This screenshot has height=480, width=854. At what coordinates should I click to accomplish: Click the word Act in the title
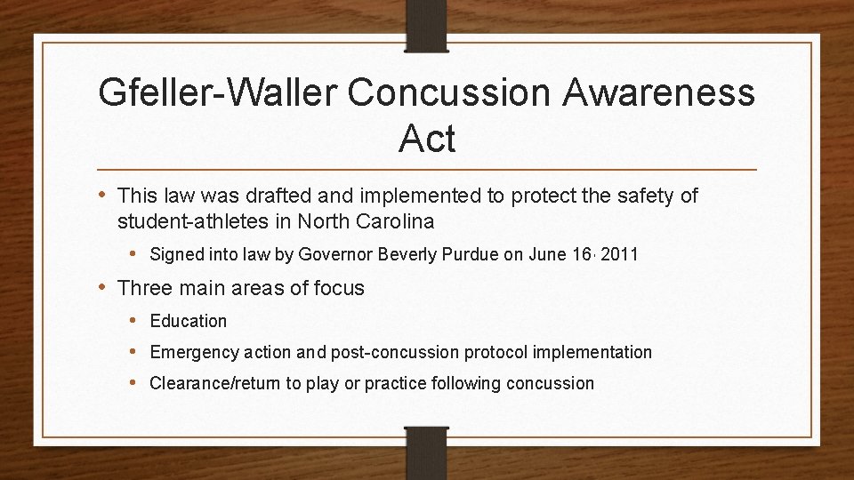(x=427, y=140)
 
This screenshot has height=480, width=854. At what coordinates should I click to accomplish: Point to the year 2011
(x=620, y=254)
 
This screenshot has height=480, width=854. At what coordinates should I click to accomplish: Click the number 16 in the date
(x=584, y=254)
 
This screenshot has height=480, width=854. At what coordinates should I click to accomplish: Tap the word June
(x=546, y=254)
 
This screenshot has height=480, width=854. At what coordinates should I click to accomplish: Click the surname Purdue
(x=471, y=254)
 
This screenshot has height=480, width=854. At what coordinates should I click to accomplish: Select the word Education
(x=189, y=321)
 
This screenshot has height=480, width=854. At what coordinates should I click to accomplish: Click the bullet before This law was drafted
(x=103, y=195)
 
